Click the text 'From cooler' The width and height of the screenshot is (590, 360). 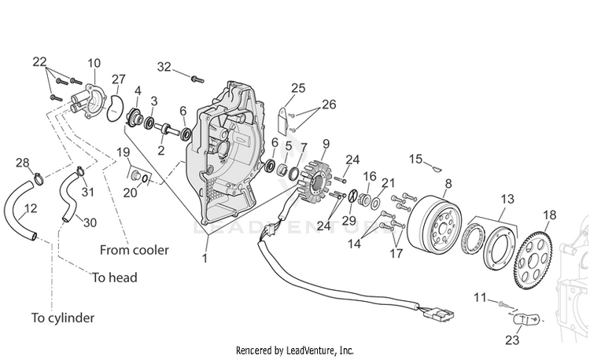[x=135, y=250]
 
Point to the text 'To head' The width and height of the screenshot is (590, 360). [x=115, y=277]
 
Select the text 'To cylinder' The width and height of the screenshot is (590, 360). [x=63, y=318]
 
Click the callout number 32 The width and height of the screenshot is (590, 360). [x=164, y=67]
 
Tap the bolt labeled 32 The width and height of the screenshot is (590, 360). [x=197, y=79]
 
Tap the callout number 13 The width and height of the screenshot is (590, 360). [x=507, y=198]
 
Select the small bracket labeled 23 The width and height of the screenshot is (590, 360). [x=527, y=319]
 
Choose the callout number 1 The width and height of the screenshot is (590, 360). [x=205, y=259]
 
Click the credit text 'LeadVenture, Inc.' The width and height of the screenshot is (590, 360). [x=320, y=351]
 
